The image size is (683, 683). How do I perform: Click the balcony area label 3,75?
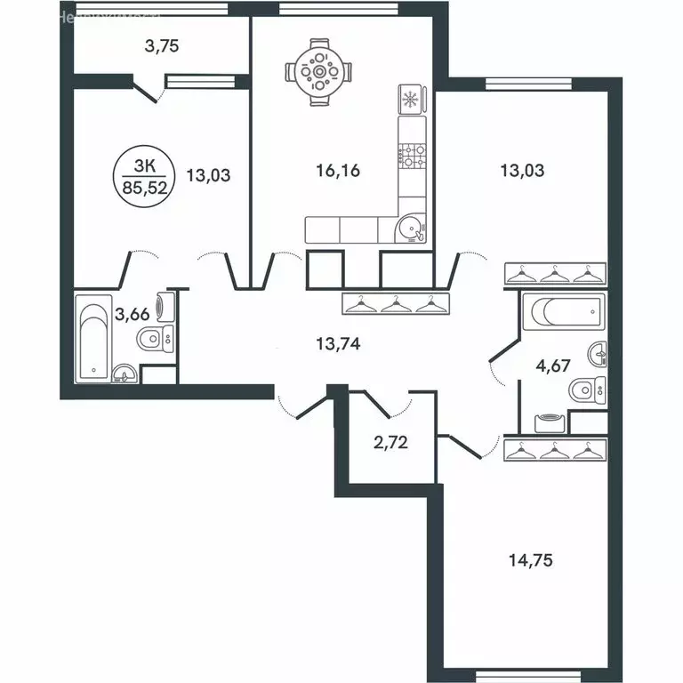[162, 47]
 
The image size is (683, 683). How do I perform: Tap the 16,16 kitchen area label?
[338, 171]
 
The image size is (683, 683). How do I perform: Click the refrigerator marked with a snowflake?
[411, 99]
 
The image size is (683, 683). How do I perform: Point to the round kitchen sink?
[411, 229]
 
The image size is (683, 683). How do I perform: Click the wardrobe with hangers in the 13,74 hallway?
[392, 304]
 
